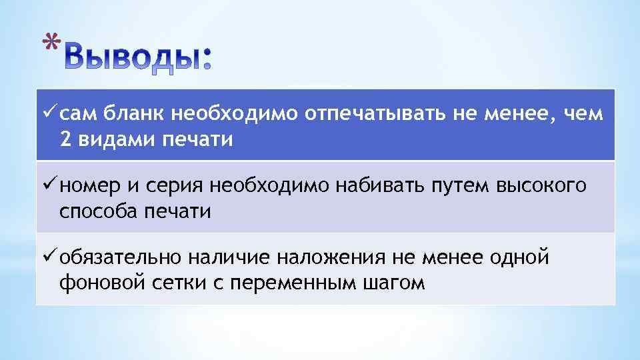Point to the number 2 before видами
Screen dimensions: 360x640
coord(65,141)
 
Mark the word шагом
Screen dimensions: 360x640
coord(393,283)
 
